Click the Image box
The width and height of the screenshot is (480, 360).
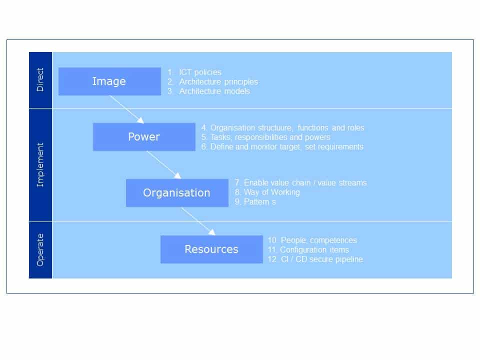tap(109, 81)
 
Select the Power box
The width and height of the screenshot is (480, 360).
tap(144, 137)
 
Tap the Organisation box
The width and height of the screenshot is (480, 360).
tap(177, 193)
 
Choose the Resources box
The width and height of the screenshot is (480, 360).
tap(211, 249)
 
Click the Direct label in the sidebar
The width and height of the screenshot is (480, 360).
tap(40, 79)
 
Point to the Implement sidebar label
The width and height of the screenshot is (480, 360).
tap(40, 165)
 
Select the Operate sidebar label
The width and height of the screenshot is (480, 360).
tap(40, 250)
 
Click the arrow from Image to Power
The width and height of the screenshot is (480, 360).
tap(126, 109)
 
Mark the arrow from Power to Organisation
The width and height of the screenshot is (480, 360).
tap(164, 164)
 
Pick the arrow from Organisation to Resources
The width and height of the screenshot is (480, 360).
tap(198, 221)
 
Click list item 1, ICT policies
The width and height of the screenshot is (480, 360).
tap(194, 72)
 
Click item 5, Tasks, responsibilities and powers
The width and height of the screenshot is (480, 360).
tap(266, 137)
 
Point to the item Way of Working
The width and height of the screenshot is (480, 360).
tap(267, 192)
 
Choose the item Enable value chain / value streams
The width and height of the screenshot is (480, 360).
tap(300, 183)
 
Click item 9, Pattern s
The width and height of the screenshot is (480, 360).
tap(255, 201)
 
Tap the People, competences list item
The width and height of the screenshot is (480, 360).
tap(312, 240)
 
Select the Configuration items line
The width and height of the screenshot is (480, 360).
tap(308, 250)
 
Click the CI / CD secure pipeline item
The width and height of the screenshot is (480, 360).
tap(315, 259)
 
